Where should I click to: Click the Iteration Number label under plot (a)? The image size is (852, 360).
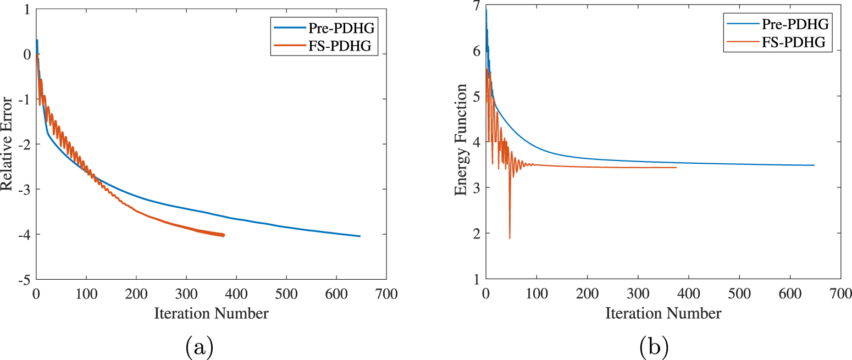pos(211,313)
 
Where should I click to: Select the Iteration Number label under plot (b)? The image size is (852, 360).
pos(663,313)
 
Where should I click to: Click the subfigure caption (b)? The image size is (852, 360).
pos(654,347)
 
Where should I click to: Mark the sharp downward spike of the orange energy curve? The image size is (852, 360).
pos(510,238)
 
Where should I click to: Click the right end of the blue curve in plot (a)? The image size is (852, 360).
pos(360,236)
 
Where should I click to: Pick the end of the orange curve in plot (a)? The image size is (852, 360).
pos(224,235)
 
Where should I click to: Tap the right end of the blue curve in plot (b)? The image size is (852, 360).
pos(814,165)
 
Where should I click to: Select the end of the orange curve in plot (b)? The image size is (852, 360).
pos(676,168)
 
